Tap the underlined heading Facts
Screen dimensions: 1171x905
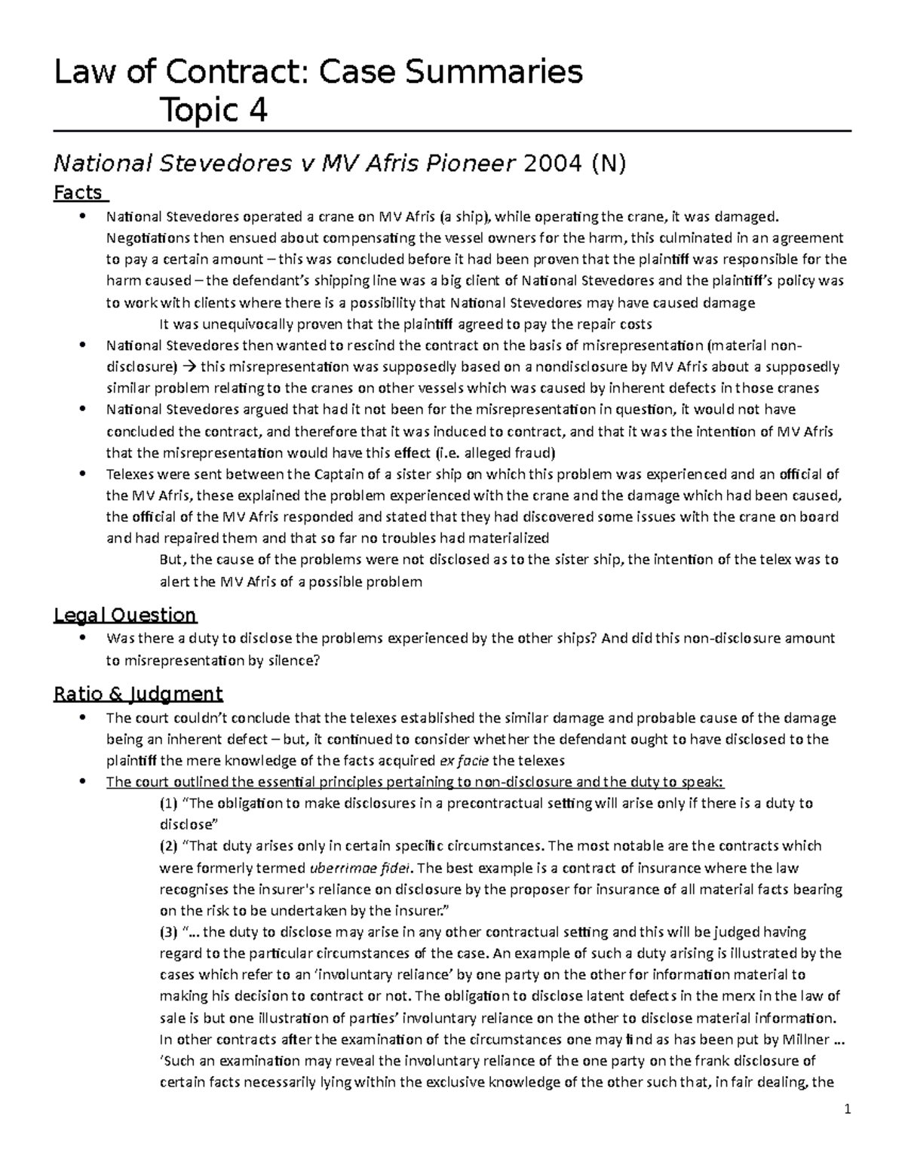(x=78, y=193)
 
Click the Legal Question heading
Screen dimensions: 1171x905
(x=125, y=615)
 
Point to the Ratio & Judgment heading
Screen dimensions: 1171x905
(x=138, y=694)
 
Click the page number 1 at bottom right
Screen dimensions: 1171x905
(x=848, y=1109)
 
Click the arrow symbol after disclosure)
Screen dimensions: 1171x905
(x=189, y=367)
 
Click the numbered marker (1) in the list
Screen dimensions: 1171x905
(x=169, y=803)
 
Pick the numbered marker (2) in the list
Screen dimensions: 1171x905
(x=169, y=845)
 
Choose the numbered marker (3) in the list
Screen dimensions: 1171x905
(x=169, y=932)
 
